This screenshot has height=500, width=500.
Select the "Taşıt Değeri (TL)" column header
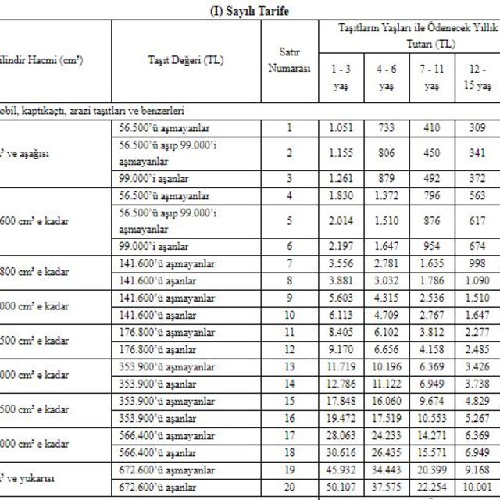186,60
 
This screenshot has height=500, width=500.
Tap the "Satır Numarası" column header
289,60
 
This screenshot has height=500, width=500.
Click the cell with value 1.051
341,127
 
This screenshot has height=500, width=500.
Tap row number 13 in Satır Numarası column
289,366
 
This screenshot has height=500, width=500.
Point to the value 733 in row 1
386,127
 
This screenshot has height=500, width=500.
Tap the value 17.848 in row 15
341,400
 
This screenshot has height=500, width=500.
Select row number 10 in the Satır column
289,314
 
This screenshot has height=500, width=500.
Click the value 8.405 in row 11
341,331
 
